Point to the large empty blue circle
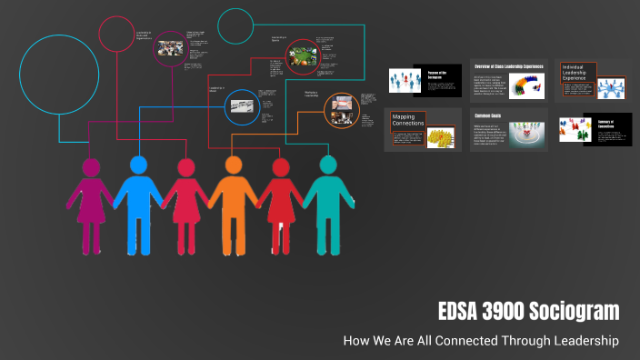click(x=59, y=75)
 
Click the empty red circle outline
click(x=117, y=34)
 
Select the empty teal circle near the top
click(x=235, y=26)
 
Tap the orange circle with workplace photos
click(x=341, y=110)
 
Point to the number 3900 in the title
click(x=504, y=312)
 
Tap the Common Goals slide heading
click(x=488, y=116)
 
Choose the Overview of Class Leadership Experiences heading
click(x=507, y=66)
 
